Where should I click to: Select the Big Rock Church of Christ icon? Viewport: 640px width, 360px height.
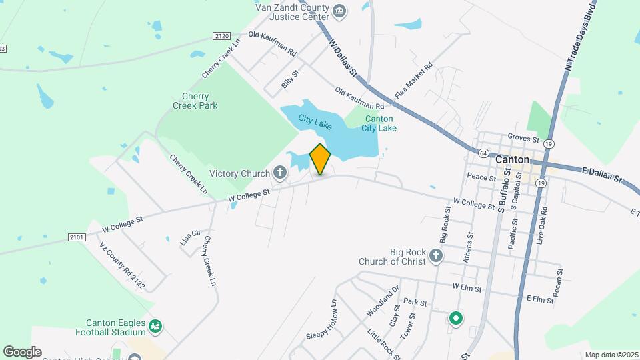coord(435,255)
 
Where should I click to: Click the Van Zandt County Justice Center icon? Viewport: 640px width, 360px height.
coord(339,11)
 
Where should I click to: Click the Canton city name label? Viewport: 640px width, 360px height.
coord(512,160)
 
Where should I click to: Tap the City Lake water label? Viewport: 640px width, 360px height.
coord(315,121)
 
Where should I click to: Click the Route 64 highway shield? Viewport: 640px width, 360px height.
coord(482,153)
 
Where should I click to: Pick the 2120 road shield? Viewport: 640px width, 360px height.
coord(222,36)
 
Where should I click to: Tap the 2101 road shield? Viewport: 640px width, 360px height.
coord(77,237)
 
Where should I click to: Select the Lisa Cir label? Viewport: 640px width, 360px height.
coord(191,237)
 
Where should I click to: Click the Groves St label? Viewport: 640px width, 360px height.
coord(523,139)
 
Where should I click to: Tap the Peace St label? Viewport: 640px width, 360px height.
coord(481,177)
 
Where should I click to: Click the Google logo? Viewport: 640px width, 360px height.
coord(22,352)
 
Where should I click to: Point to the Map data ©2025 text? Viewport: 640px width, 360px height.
coord(610,355)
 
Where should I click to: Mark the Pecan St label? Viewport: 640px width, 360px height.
coord(558,282)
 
